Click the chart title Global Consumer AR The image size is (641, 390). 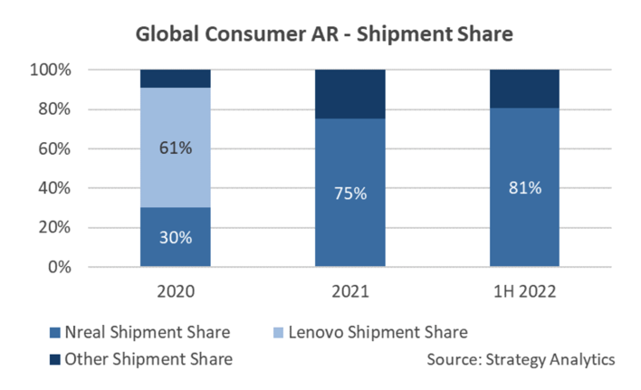[237, 33]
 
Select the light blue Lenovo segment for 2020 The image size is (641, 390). [176, 147]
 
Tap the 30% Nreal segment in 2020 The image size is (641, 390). [176, 237]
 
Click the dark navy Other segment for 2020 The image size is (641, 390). [176, 79]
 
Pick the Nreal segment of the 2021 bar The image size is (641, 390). [350, 193]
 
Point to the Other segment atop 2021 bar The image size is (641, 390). [350, 94]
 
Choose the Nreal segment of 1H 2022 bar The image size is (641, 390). [524, 187]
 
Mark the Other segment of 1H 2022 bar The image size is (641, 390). [524, 89]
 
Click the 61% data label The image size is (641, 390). [176, 147]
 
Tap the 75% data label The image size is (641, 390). [350, 193]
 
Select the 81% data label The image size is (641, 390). [525, 188]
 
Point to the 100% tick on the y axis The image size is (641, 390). [51, 70]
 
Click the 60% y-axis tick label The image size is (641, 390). [54, 148]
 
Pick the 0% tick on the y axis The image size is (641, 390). [60, 267]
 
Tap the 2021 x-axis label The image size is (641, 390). [350, 291]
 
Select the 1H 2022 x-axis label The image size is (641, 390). [525, 291]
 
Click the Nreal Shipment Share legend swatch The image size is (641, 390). [55, 332]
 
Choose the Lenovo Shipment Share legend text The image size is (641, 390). [378, 332]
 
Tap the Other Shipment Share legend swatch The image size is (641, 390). [55, 359]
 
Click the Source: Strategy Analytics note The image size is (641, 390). [521, 360]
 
